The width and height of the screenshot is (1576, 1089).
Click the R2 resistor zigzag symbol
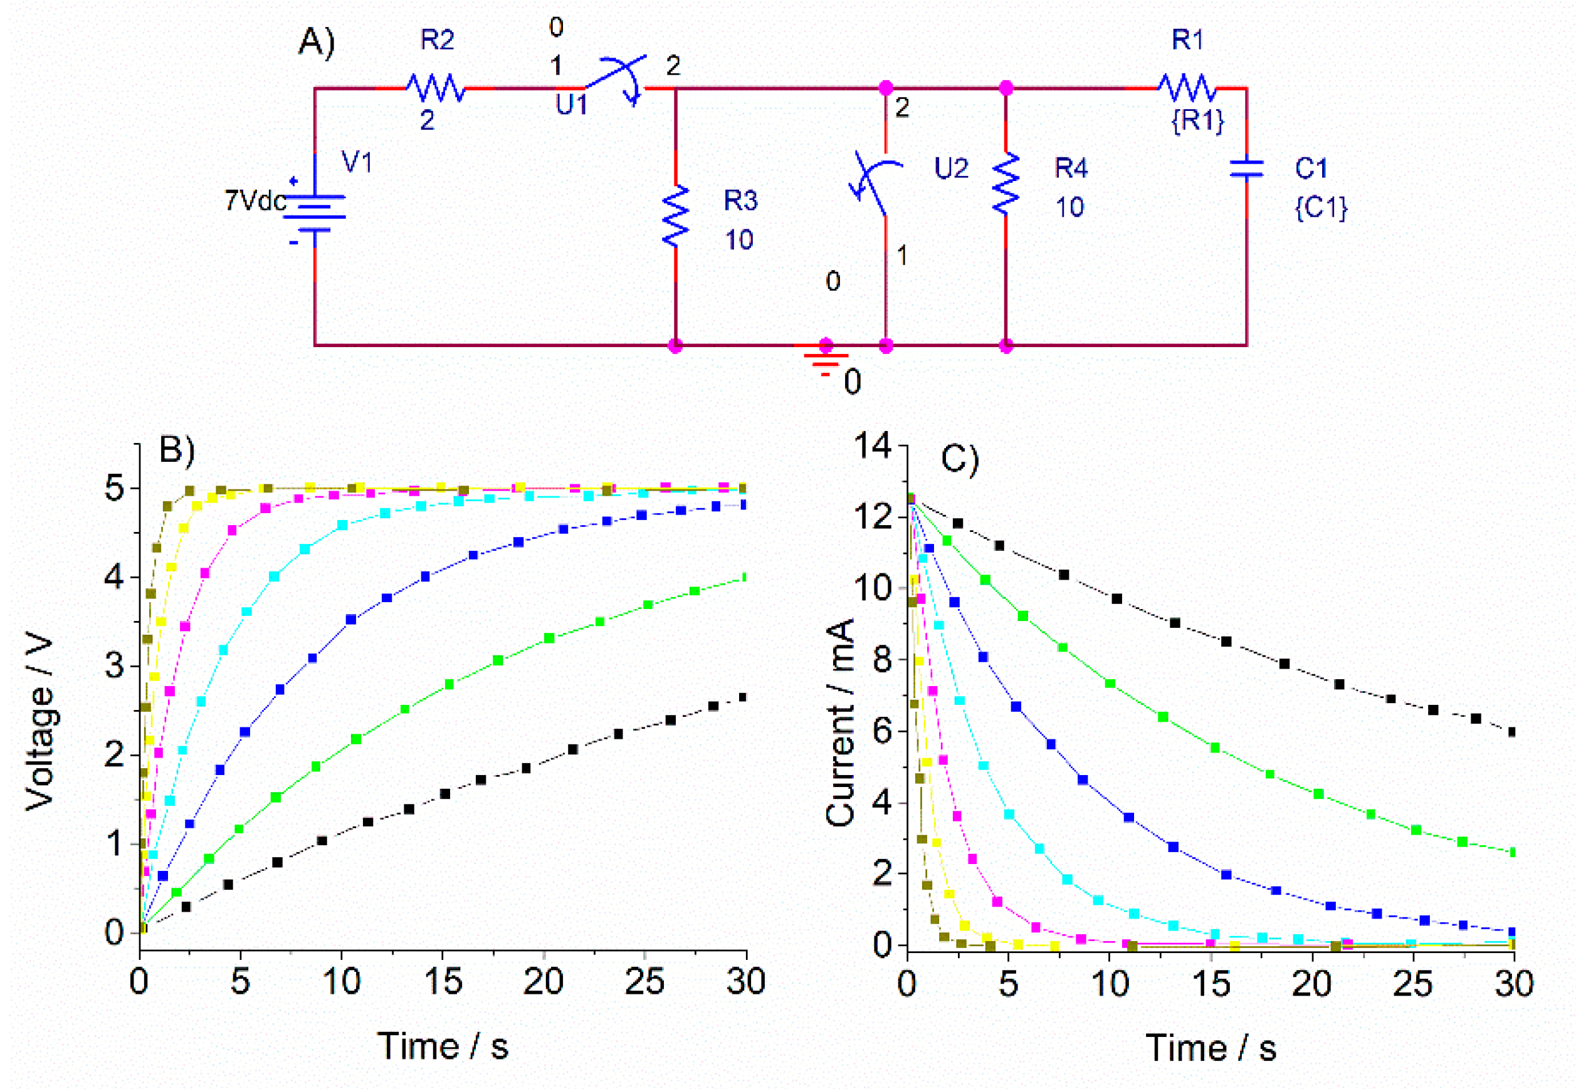coord(436,88)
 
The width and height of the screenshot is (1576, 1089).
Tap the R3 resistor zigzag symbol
coord(676,216)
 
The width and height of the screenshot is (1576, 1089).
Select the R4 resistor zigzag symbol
coord(1006,184)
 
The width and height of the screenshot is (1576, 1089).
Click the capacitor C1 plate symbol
coord(1246,169)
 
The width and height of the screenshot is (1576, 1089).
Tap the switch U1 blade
coord(614,74)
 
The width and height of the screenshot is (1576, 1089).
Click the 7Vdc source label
coord(255,201)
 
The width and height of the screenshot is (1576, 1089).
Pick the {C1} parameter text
coord(1321,207)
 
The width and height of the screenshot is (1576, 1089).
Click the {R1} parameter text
coord(1198,121)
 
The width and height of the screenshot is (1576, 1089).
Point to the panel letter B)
coord(177,451)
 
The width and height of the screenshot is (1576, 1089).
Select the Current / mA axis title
coord(840,723)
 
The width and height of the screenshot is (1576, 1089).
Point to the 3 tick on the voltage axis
coord(114,666)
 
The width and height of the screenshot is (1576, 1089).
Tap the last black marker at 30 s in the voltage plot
coord(743,697)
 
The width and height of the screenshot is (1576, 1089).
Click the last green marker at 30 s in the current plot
coord(1513,852)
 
